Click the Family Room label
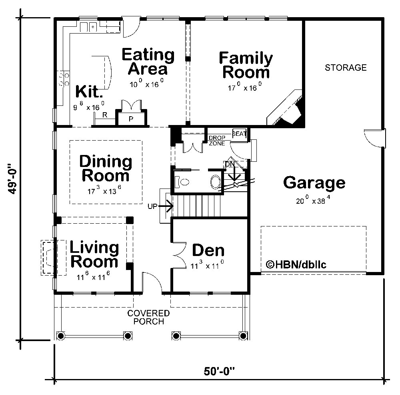(246, 66)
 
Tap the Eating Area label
(148, 62)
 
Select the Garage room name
(314, 183)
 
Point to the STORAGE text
(345, 67)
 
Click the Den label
(208, 250)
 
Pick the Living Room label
(94, 255)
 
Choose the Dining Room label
(105, 168)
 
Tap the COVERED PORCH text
(148, 317)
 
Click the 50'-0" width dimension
(219, 371)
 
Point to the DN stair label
(229, 164)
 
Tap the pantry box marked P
(131, 119)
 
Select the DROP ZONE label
(216, 141)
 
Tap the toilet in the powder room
(183, 182)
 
